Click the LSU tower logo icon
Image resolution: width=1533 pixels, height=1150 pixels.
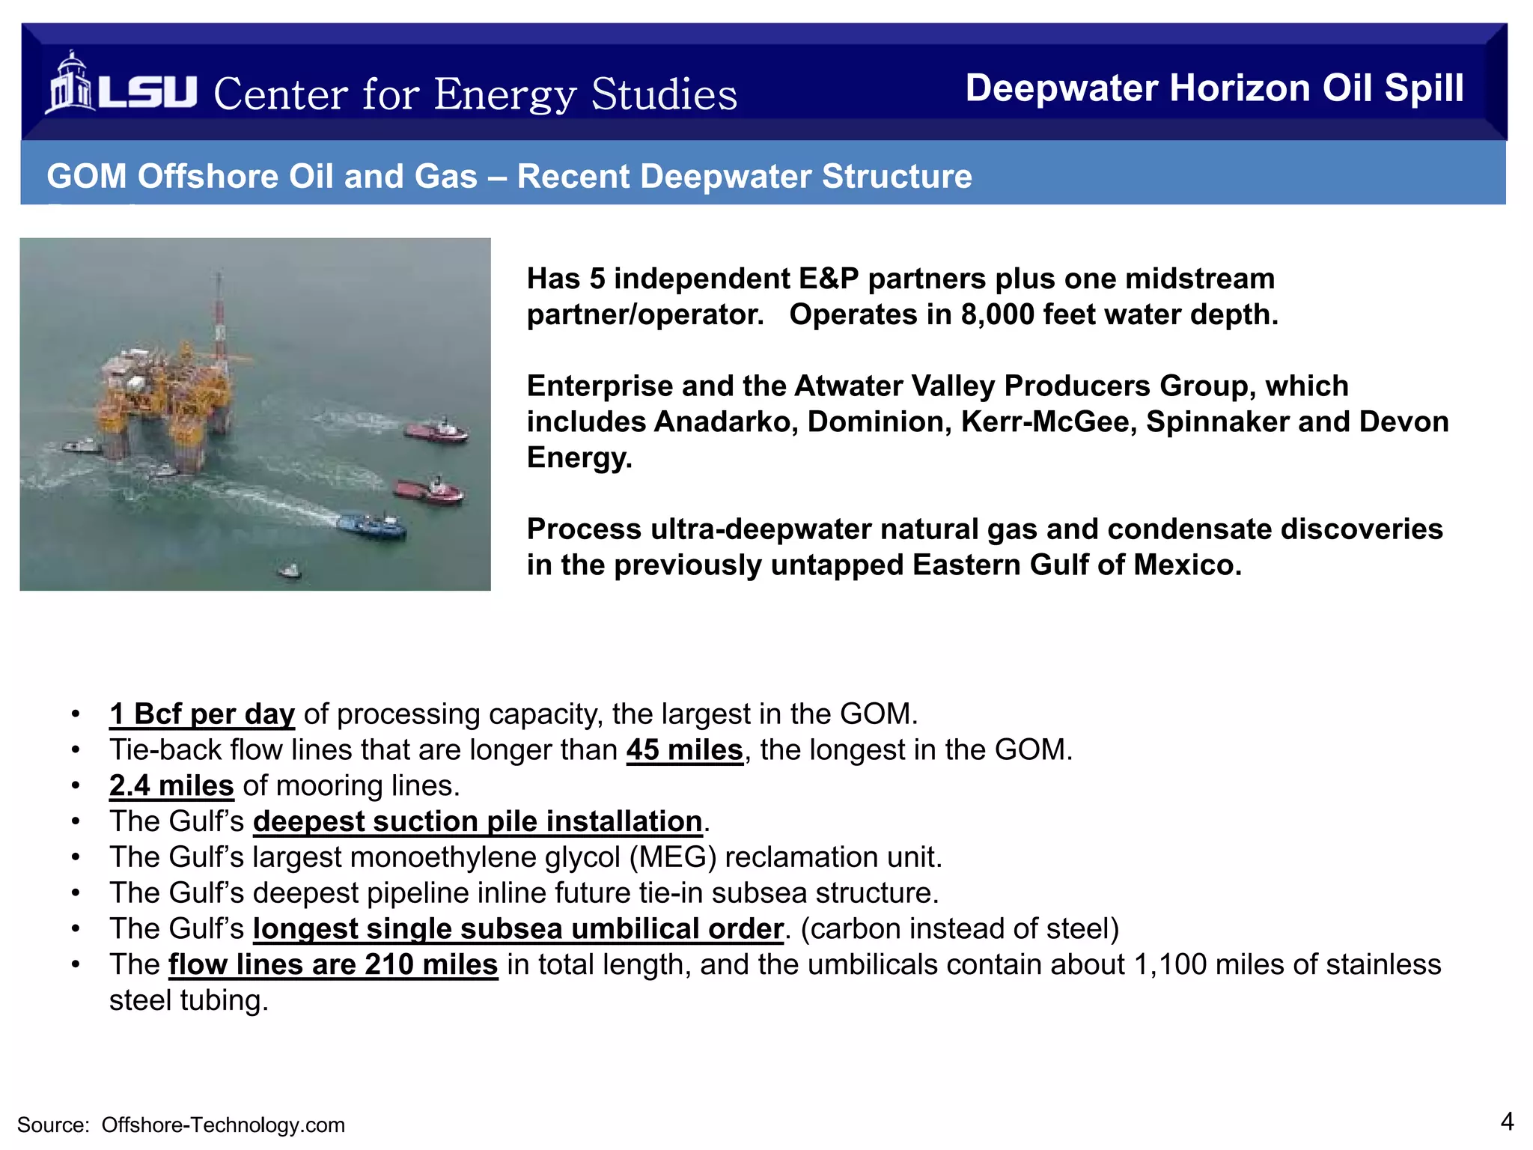tap(70, 84)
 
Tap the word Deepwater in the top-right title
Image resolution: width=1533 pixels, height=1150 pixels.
tap(1061, 88)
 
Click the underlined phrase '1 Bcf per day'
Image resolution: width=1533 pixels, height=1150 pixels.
tap(202, 714)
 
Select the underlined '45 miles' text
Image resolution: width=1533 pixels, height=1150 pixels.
tap(684, 750)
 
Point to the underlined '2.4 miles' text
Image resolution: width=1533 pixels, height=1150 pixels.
tap(171, 786)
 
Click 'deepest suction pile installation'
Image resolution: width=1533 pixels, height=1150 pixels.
tap(478, 822)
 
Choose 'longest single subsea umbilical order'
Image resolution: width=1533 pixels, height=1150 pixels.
tap(518, 929)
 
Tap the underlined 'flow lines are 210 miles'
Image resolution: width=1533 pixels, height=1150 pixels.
tap(333, 965)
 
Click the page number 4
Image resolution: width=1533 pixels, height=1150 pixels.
tap(1507, 1122)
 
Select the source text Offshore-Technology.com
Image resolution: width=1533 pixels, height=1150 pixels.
tap(223, 1125)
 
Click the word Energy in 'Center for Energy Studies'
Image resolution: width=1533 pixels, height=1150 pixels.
tap(505, 96)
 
